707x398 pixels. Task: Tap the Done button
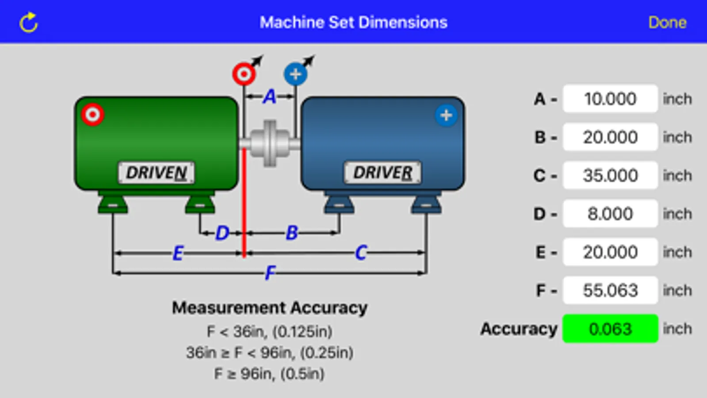[667, 22]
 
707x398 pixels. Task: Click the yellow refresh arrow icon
[29, 23]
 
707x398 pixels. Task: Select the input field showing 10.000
[610, 99]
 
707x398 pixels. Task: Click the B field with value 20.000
[610, 137]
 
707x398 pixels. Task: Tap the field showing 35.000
[610, 176]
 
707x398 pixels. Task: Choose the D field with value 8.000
[610, 214]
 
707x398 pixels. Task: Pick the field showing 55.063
[610, 291]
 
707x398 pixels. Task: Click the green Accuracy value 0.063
[610, 329]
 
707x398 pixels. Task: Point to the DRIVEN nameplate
[156, 172]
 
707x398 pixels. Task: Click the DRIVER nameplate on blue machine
[382, 172]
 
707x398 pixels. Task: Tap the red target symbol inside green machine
[93, 115]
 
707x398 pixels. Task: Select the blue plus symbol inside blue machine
[446, 115]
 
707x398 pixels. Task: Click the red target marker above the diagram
[244, 74]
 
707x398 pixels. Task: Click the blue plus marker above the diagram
[296, 74]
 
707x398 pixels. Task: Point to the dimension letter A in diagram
[270, 96]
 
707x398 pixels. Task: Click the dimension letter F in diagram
[270, 272]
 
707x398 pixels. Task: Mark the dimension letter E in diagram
[178, 253]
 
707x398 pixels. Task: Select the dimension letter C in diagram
[361, 253]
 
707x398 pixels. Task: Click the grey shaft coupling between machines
[270, 143]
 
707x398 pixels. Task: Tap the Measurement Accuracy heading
[269, 307]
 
